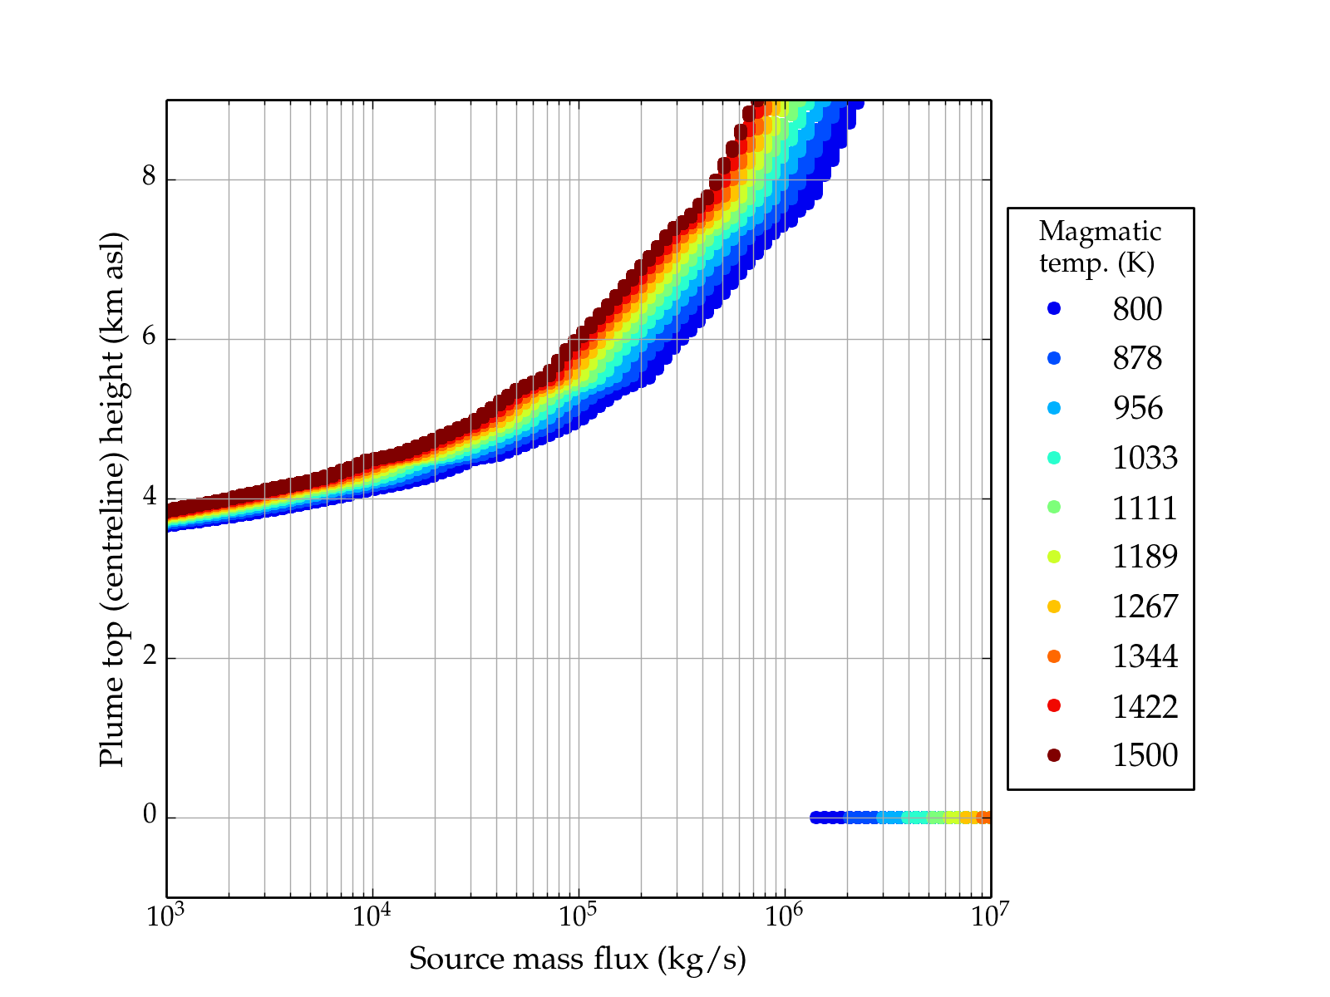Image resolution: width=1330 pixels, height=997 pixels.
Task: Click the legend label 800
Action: [1137, 309]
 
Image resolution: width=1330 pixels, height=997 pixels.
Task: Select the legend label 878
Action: [1137, 358]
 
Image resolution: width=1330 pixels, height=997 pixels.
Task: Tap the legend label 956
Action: [1137, 408]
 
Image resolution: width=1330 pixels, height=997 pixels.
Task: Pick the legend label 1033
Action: [1145, 458]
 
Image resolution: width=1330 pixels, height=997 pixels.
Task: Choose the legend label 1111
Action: [1145, 508]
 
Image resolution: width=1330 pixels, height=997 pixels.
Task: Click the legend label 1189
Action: [1145, 557]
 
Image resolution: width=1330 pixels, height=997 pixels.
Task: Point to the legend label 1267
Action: [1145, 607]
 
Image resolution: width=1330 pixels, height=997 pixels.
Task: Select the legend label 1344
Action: [1145, 656]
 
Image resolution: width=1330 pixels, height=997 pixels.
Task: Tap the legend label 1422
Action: [1145, 706]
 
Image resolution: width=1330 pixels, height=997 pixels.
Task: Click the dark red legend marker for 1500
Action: [1054, 755]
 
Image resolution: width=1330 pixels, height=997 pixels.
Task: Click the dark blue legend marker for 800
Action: [1054, 309]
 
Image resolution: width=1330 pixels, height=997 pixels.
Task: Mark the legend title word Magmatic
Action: [1100, 232]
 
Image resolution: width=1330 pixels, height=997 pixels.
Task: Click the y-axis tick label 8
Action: [150, 178]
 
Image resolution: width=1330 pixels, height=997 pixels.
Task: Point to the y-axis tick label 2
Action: [150, 656]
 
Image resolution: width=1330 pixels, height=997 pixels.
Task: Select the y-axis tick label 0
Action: [150, 816]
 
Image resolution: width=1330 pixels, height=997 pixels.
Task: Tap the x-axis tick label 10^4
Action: [372, 916]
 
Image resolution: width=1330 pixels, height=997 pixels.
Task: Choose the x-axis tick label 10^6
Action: [784, 916]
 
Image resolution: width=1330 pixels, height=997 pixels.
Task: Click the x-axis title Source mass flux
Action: [577, 960]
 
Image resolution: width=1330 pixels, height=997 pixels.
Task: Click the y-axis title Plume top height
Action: [111, 498]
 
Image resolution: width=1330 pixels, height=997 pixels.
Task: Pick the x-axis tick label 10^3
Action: [166, 916]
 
